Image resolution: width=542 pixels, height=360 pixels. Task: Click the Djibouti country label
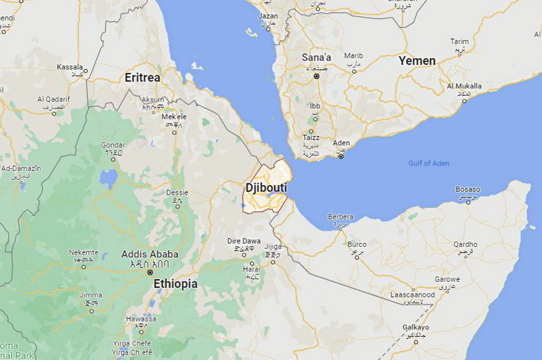click(266, 188)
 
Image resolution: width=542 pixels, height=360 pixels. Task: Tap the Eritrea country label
click(142, 78)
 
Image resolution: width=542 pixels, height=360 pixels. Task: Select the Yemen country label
click(417, 61)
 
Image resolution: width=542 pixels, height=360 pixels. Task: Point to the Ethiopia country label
click(175, 283)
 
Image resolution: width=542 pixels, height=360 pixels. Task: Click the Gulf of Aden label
click(429, 163)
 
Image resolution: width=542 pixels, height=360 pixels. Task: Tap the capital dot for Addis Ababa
click(149, 272)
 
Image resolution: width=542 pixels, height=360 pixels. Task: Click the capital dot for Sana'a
click(316, 76)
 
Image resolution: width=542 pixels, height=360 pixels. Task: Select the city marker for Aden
click(341, 156)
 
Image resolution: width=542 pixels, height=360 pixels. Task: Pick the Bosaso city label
click(468, 189)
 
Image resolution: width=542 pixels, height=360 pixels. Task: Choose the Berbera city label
click(340, 217)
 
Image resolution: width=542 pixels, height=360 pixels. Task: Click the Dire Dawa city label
click(244, 241)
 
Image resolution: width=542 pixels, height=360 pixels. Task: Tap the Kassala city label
click(70, 67)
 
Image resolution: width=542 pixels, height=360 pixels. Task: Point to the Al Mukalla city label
click(464, 86)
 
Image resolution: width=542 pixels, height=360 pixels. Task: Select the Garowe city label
click(447, 279)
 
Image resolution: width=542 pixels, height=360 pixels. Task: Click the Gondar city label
click(113, 145)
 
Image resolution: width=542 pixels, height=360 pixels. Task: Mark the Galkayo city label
click(416, 327)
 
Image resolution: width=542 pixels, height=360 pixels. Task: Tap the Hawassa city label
click(141, 318)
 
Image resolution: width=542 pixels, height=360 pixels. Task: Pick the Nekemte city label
click(84, 253)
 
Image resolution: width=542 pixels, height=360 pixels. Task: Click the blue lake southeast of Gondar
click(108, 178)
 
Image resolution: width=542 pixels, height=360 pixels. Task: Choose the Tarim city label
click(459, 42)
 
